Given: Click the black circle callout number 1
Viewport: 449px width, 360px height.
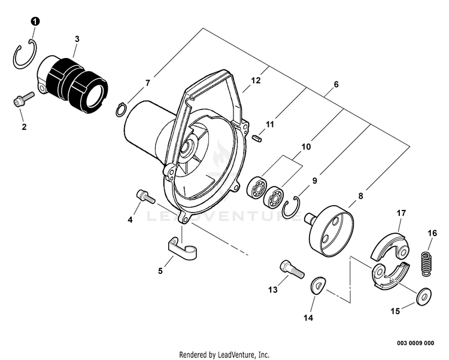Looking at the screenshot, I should point(35,22).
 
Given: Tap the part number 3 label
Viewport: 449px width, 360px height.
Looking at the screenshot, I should point(77,38).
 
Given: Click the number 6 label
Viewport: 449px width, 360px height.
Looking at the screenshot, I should point(336,85).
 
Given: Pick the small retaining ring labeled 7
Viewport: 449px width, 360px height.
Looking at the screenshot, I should point(120,108).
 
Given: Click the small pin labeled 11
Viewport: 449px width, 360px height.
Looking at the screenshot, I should point(257,139).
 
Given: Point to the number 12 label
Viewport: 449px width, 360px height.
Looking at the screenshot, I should point(256,80).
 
